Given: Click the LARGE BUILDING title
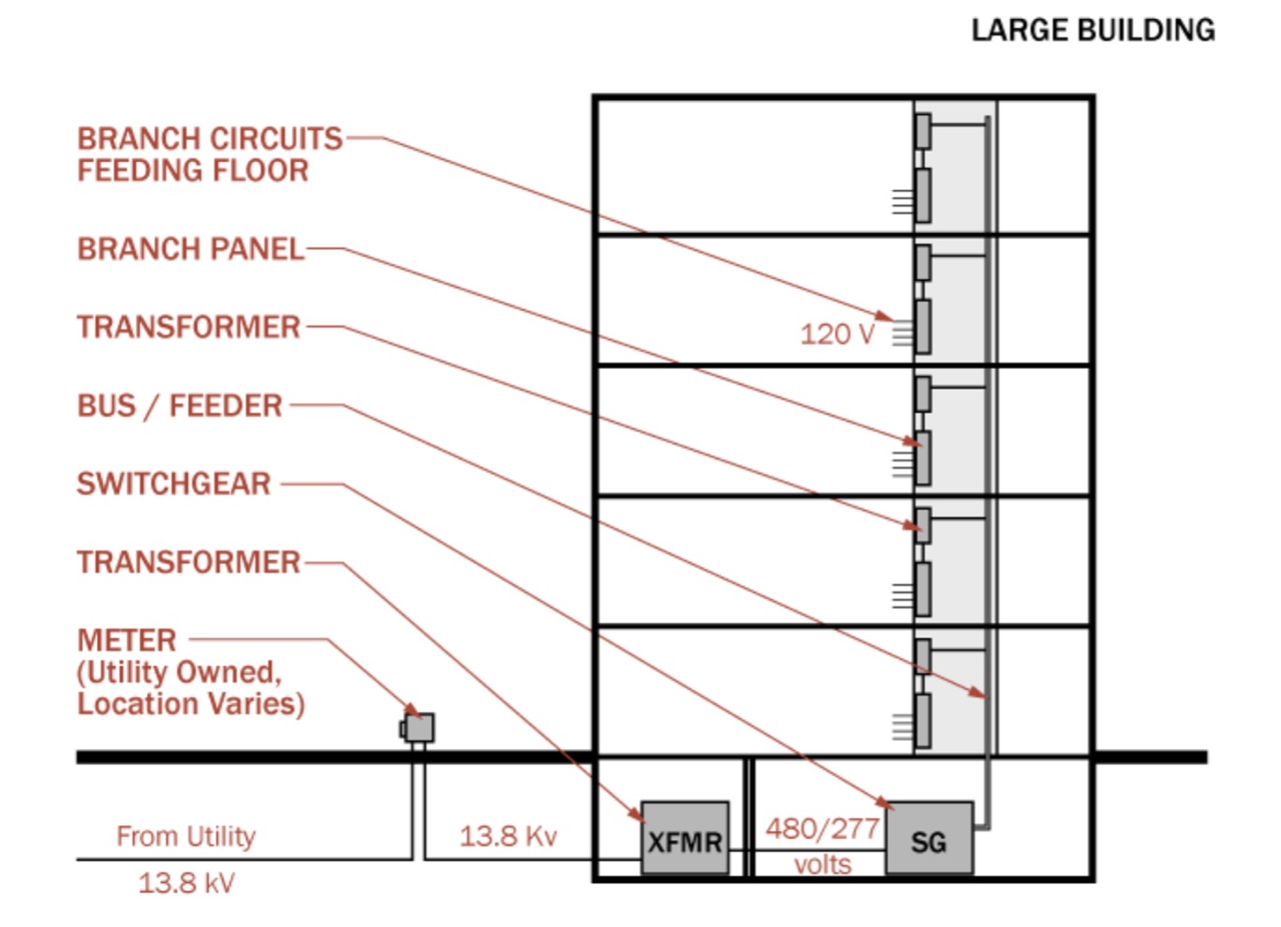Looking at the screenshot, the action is pos(1093,30).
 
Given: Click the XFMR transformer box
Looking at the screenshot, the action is pos(685,837).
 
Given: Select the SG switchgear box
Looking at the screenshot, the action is pos(929,837).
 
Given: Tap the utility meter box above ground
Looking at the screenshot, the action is pos(418,728).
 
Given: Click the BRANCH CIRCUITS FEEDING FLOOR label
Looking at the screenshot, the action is pos(210,154).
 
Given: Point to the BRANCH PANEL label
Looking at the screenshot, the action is pos(190,249).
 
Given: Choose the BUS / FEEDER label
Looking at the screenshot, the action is pos(180,406).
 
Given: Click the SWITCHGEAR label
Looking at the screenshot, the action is pos(174,484).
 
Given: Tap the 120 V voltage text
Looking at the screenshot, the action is pos(838,334).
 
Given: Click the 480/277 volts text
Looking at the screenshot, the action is pos(822,846).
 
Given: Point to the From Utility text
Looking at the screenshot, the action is pos(185,836).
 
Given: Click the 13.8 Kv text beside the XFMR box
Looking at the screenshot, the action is pos(508,836).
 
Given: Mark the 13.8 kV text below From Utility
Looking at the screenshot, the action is pos(186,883).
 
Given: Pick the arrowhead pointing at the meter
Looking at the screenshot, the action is pos(414,711).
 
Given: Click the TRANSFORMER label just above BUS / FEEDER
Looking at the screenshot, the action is pos(189,327).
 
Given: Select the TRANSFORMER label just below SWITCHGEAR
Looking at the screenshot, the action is pos(189,562).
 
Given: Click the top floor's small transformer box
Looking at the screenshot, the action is pos(922,131).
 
